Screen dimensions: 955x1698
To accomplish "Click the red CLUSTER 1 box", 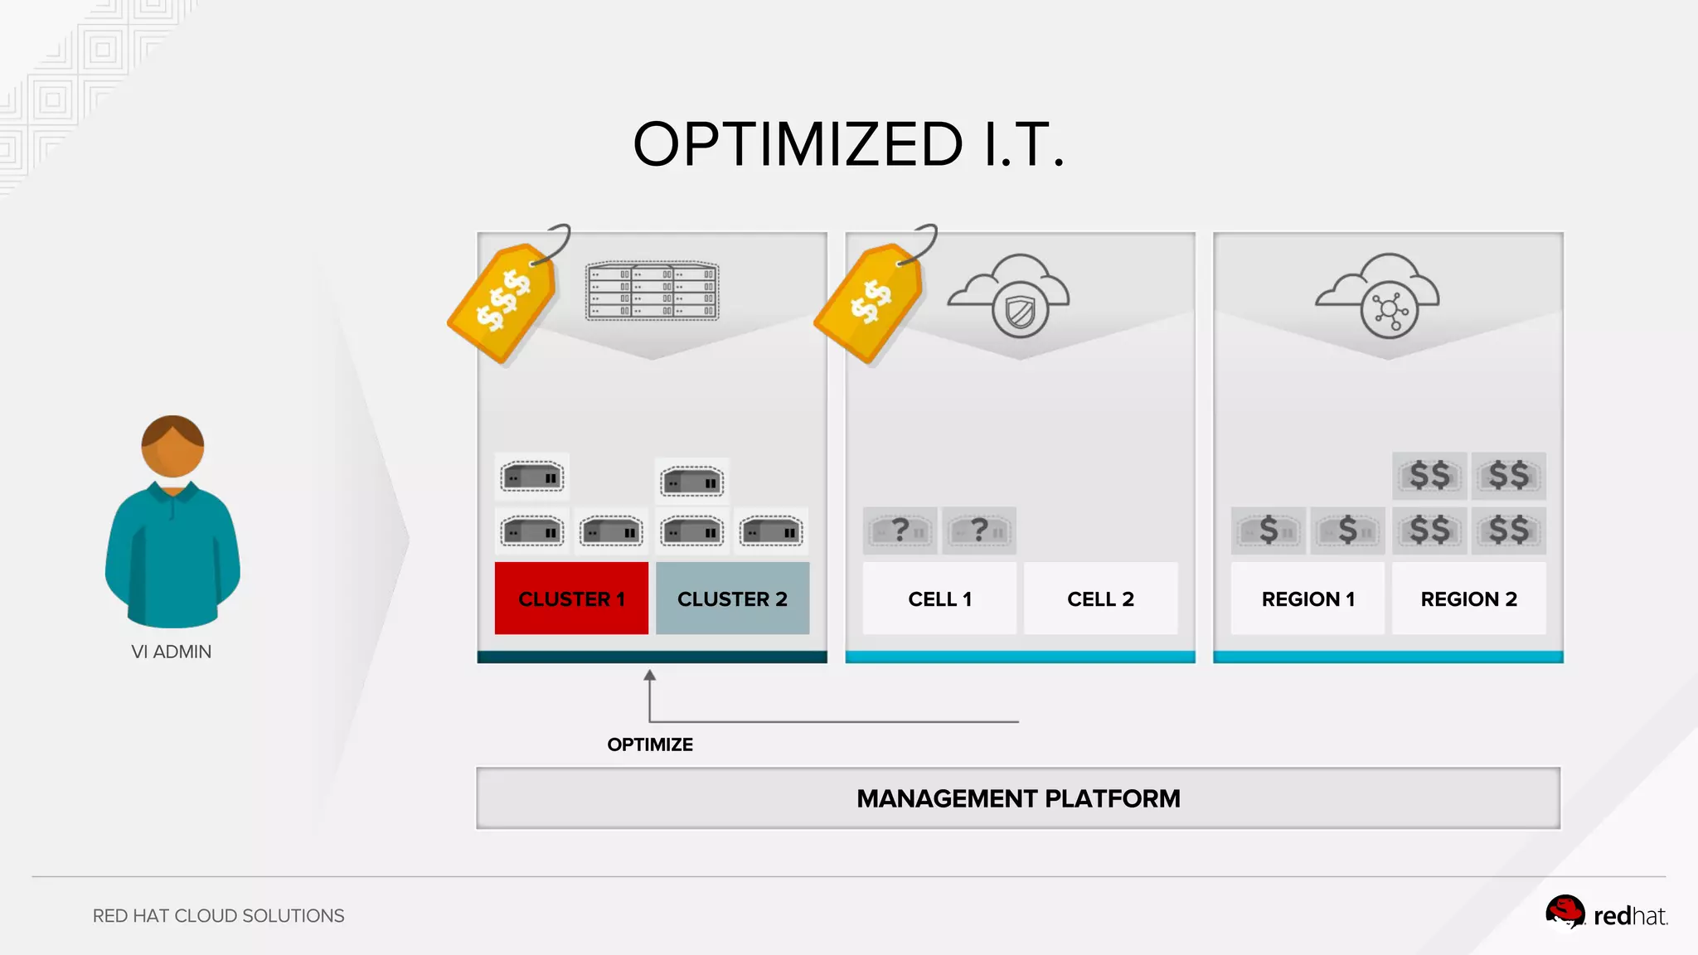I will tap(571, 599).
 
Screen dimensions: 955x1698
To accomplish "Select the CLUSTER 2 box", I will tap(732, 599).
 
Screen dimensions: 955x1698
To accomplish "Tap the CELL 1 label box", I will tap(939, 599).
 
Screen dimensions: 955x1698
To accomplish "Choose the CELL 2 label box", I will tap(1100, 599).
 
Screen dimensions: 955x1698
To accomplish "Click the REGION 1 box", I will tap(1307, 599).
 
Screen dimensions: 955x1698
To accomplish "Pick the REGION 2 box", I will tap(1468, 599).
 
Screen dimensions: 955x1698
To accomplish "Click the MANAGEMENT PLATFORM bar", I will tap(1018, 798).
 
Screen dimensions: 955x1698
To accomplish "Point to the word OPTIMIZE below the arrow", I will tap(650, 744).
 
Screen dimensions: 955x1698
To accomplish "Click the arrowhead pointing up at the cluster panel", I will tap(650, 676).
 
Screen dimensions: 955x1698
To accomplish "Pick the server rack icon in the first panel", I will tap(653, 291).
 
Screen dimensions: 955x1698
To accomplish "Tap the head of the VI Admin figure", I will tap(172, 446).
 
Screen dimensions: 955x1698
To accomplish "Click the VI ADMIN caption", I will tap(172, 652).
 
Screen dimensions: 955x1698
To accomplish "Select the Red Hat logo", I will tap(1606, 914).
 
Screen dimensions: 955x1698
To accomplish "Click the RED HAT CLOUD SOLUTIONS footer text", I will tap(218, 915).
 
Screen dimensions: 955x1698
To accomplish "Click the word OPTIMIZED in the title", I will tap(798, 144).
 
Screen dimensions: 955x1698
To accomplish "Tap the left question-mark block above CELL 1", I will tap(900, 531).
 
